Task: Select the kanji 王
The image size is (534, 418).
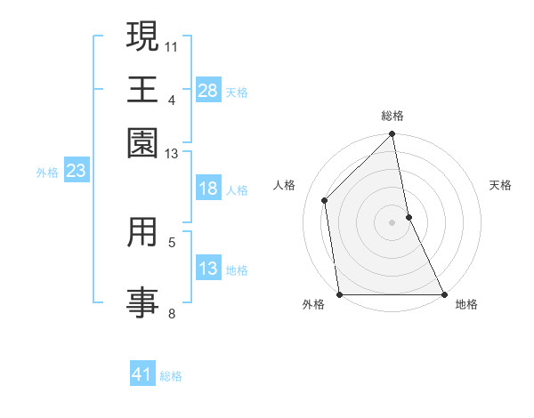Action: point(142,89)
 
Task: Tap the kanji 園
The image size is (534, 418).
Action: point(142,141)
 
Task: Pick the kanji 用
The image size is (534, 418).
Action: point(142,233)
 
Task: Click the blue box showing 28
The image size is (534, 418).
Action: point(208,90)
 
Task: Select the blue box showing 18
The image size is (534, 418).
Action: point(208,189)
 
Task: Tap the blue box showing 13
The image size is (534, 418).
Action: point(208,269)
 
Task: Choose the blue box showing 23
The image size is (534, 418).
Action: point(75,171)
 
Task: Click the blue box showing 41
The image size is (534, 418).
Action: point(142,374)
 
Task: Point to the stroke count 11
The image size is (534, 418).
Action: point(172,44)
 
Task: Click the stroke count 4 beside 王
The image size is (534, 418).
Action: point(172,99)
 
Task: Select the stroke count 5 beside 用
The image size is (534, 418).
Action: point(172,241)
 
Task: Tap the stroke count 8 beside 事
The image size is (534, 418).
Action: point(172,313)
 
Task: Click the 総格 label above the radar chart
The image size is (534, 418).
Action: point(392,116)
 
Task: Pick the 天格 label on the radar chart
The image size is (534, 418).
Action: point(500,185)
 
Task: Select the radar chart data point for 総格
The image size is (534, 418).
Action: point(392,135)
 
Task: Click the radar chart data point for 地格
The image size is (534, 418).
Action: point(443,293)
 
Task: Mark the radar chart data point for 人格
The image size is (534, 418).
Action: point(325,200)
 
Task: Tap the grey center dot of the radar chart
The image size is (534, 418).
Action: point(392,222)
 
